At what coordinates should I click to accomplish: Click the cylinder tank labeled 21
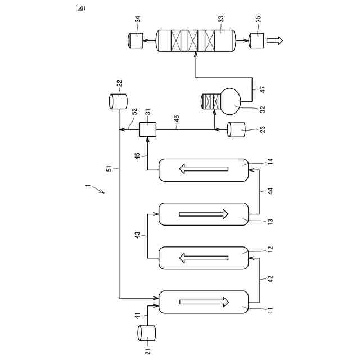147,333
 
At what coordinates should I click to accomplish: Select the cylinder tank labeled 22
118,101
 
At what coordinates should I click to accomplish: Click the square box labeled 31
147,129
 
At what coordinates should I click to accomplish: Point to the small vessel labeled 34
136,40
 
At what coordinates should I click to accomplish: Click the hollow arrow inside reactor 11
204,303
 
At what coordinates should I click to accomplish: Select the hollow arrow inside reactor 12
204,259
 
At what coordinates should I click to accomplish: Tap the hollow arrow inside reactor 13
204,214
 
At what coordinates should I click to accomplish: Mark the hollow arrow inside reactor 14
204,170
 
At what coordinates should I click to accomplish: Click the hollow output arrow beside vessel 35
276,40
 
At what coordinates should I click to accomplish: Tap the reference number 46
176,119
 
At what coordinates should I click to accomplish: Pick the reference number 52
134,112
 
